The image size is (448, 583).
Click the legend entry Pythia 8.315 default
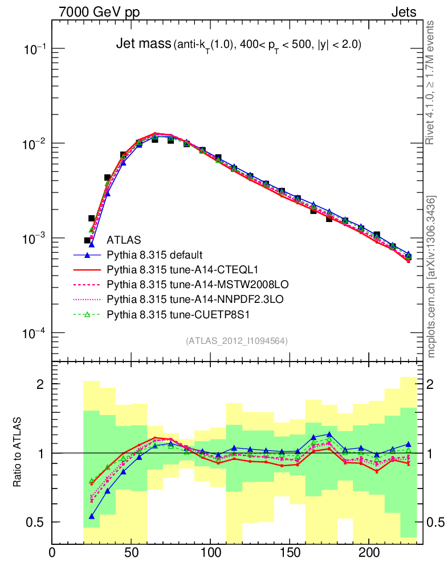(155, 254)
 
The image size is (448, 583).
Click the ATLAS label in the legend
(124, 240)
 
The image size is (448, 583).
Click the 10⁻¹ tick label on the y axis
(35, 50)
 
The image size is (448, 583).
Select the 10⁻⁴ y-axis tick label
(35, 334)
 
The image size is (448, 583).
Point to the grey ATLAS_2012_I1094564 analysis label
(236, 341)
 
